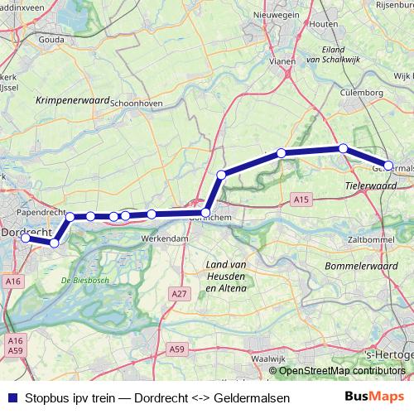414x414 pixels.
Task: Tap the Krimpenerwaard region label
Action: pyautogui.click(x=73, y=99)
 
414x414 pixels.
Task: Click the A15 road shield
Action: pyautogui.click(x=301, y=200)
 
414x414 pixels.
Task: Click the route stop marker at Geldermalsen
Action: pyautogui.click(x=388, y=166)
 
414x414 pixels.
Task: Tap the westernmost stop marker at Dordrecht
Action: pyautogui.click(x=26, y=238)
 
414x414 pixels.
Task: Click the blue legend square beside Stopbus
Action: pyautogui.click(x=10, y=398)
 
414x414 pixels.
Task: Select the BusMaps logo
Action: pyautogui.click(x=374, y=397)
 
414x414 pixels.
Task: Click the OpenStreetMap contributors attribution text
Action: pyautogui.click(x=342, y=370)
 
